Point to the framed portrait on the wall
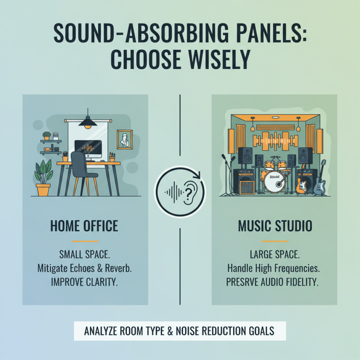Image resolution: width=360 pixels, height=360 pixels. pos(124,139)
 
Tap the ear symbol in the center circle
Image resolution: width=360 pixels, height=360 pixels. pos(190,192)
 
